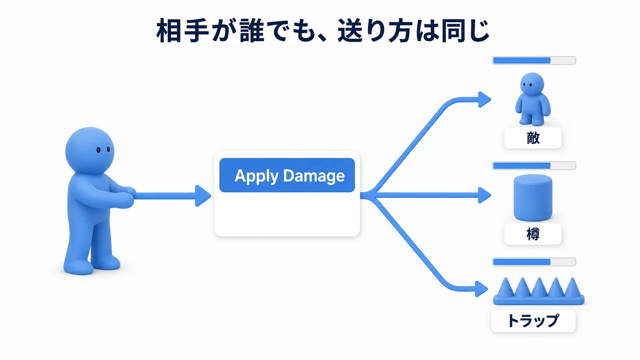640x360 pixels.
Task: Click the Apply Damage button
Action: pos(287,175)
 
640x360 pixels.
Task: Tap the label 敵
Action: pos(533,138)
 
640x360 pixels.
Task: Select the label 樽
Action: pos(533,234)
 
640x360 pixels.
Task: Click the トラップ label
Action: pos(533,321)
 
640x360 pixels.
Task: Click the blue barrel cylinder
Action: pos(533,197)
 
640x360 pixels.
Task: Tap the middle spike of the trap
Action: pos(539,287)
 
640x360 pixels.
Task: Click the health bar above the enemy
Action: pos(534,60)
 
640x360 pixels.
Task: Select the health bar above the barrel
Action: pos(534,166)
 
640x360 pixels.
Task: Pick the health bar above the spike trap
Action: pos(534,262)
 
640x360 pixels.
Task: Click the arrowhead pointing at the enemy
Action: pos(485,99)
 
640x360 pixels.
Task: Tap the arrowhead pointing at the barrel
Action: pos(485,195)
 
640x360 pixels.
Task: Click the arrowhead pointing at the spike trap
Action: pos(482,289)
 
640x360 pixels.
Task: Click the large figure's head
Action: pos(90,150)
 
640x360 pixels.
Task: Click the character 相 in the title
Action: pos(168,31)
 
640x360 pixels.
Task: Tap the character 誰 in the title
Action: pos(252,31)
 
